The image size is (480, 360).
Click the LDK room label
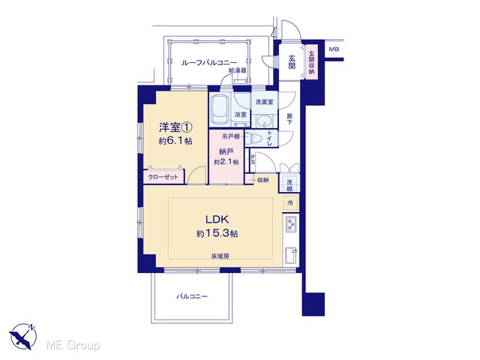[x=217, y=220]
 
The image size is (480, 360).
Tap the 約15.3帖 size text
[x=217, y=233]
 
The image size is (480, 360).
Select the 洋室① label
[x=175, y=127]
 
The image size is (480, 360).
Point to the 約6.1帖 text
[x=175, y=141]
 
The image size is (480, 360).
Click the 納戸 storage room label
[x=226, y=151]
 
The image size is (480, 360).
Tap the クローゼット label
[x=163, y=177]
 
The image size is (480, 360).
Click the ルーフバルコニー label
[x=209, y=63]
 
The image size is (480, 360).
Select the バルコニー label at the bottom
[x=192, y=296]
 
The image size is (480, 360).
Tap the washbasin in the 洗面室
[x=264, y=121]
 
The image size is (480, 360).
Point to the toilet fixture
[x=253, y=138]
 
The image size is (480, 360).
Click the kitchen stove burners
[x=291, y=224]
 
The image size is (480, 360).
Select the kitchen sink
[x=291, y=255]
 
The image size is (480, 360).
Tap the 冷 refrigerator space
[x=290, y=202]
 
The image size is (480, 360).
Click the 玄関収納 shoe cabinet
[x=311, y=62]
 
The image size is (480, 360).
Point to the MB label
[x=334, y=49]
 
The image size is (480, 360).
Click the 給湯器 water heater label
[x=238, y=70]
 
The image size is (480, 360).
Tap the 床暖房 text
[x=220, y=256]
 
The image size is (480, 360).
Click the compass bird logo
[x=23, y=335]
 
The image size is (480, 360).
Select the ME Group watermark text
[x=73, y=345]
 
